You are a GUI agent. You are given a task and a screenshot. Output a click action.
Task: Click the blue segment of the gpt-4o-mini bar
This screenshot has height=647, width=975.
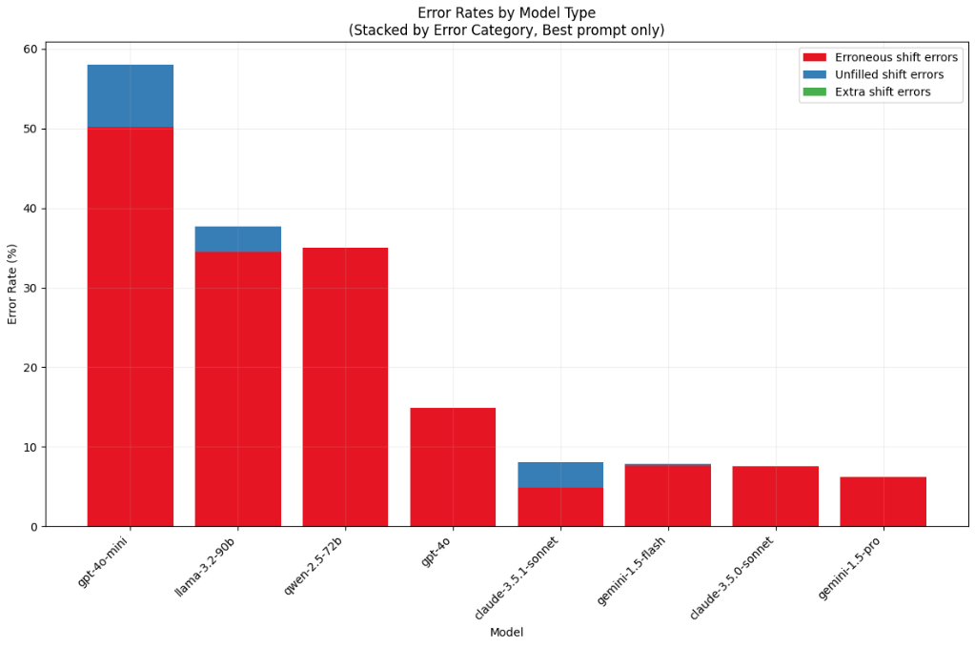click(130, 95)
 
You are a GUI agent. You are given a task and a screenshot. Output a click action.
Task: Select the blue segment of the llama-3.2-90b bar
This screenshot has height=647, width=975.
click(237, 238)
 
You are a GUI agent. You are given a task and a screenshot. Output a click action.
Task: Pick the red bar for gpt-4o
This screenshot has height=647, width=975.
click(453, 467)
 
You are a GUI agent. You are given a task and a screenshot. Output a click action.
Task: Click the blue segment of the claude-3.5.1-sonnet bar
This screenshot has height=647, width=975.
click(560, 475)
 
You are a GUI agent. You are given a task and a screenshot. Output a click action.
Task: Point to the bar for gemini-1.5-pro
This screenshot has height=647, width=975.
click(883, 501)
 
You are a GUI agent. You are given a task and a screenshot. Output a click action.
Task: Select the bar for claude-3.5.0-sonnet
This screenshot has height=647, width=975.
click(775, 496)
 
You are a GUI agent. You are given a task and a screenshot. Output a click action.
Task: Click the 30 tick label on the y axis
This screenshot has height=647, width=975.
click(31, 288)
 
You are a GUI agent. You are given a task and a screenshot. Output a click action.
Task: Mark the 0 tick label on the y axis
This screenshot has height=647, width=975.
click(34, 527)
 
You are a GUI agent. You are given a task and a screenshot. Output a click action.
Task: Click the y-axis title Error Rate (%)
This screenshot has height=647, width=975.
click(13, 284)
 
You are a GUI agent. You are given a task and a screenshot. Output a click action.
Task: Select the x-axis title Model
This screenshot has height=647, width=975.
click(506, 633)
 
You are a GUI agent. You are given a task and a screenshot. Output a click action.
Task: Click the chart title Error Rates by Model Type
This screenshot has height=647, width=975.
click(506, 12)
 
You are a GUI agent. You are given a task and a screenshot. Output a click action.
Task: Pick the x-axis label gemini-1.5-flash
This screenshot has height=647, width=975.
click(631, 572)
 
